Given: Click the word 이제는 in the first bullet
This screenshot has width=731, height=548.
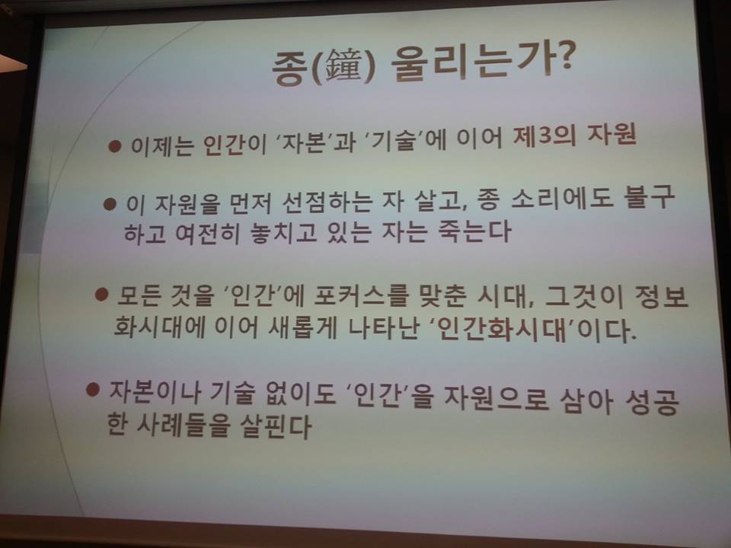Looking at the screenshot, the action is pos(161,145).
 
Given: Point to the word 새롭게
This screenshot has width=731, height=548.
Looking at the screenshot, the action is pos(303,327).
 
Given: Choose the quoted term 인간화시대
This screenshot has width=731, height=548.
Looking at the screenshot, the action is pos(502,330).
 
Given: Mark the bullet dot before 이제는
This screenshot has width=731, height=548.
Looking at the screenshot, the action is pos(115,147).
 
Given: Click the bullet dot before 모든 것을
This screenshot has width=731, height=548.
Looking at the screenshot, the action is pos(101,294).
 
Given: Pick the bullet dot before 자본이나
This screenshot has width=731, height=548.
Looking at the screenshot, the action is pos(93,390).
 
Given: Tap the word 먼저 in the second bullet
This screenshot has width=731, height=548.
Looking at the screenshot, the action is pos(250,202).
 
